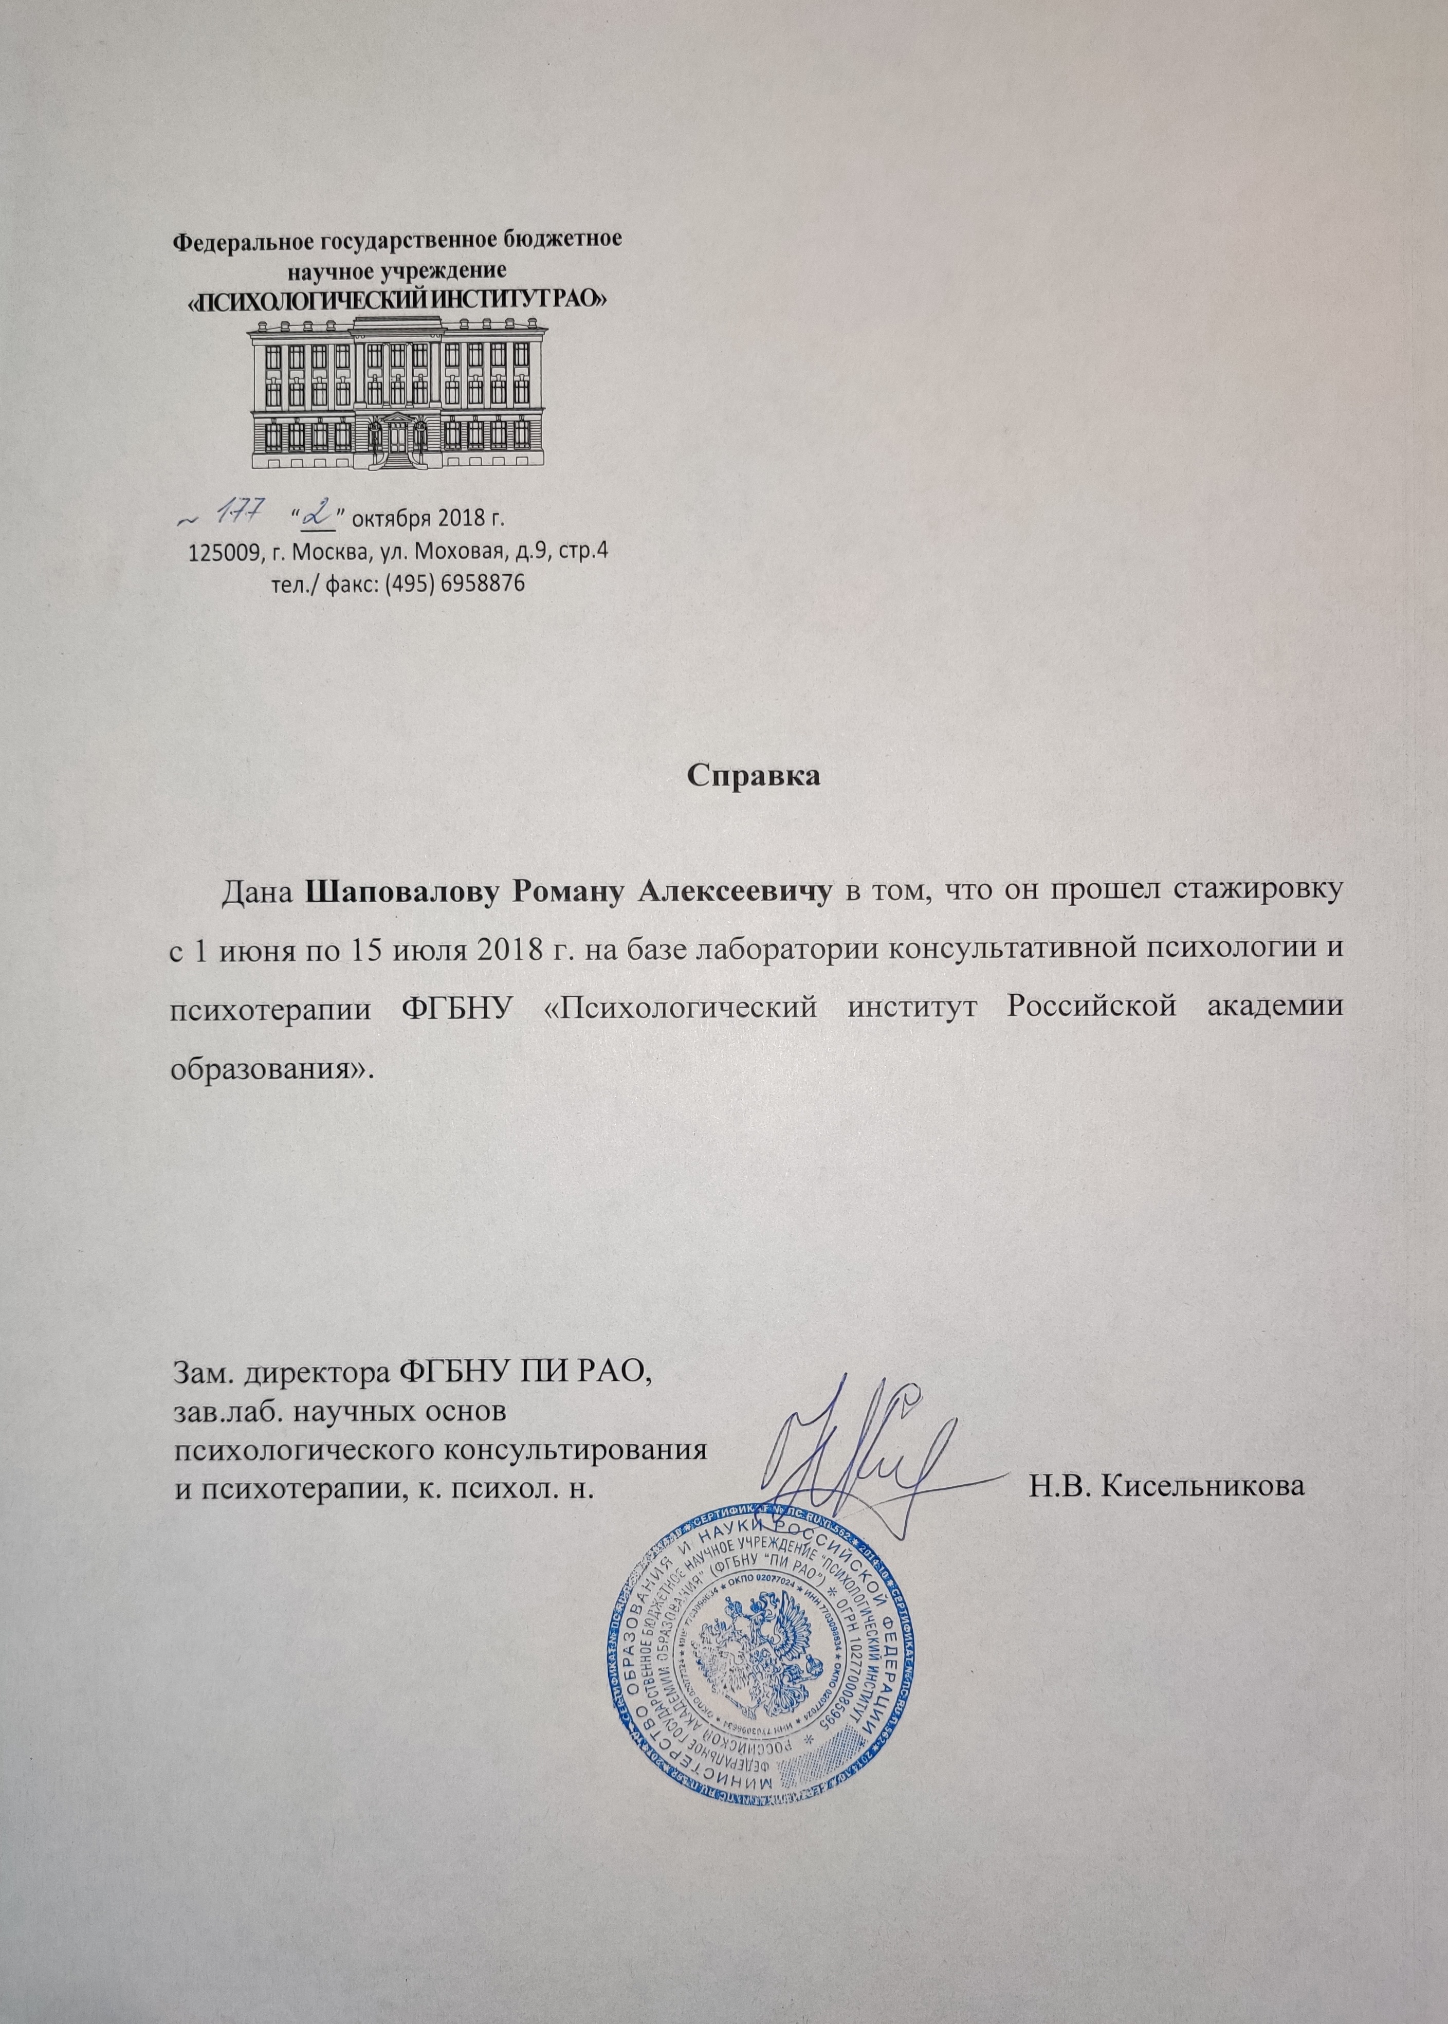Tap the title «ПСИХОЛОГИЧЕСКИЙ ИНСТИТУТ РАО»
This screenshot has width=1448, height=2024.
coord(397,300)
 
